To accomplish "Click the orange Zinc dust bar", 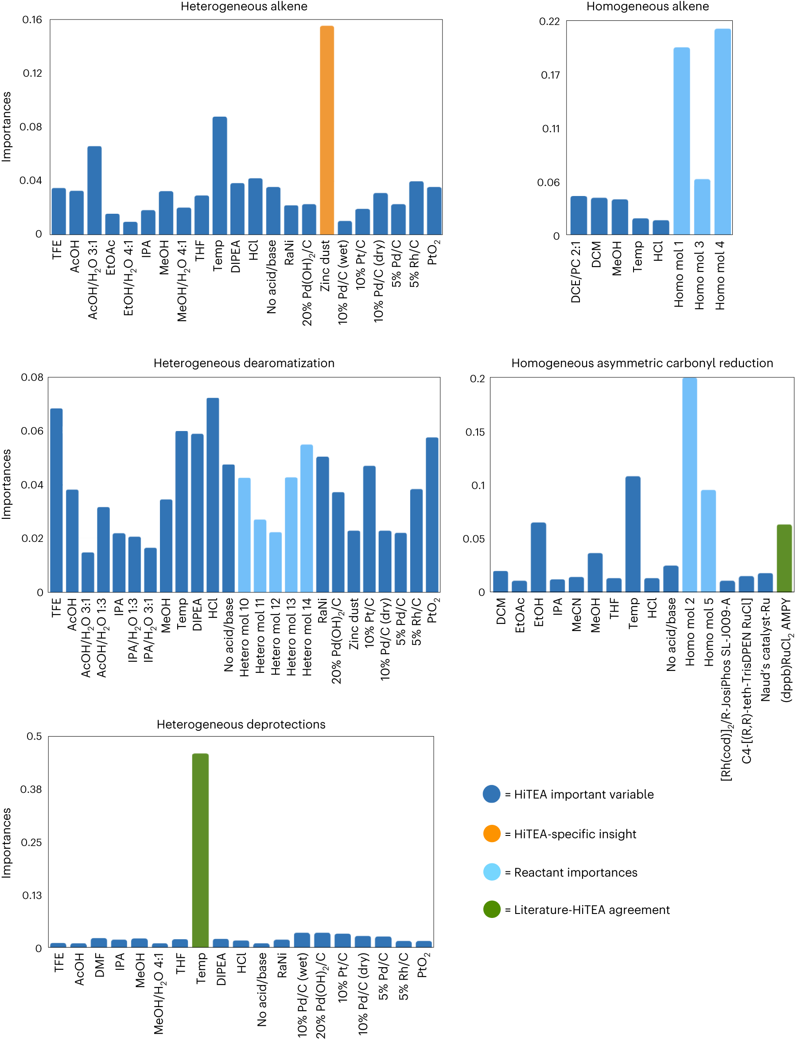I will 327,130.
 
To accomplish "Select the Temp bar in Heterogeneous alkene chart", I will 219,176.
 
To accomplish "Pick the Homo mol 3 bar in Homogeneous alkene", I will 702,207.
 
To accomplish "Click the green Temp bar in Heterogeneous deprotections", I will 200,851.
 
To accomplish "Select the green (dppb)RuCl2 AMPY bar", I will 784,558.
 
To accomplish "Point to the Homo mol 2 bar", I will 689,485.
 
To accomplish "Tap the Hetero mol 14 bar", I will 307,518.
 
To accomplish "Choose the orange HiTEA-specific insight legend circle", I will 491,833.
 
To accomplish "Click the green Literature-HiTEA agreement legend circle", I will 491,910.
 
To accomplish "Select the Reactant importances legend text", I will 575,872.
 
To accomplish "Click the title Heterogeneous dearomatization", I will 244,363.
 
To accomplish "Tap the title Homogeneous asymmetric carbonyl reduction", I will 641,363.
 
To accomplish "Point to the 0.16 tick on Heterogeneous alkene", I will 32,20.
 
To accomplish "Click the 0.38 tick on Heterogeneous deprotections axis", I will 31,789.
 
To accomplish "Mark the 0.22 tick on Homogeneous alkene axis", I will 549,21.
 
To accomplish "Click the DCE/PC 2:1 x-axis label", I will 576,272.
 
